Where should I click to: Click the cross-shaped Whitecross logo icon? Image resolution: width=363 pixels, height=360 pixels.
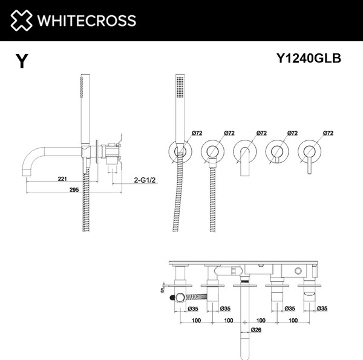pyautogui.click(x=21, y=21)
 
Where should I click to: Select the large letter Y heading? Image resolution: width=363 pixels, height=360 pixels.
pyautogui.click(x=22, y=61)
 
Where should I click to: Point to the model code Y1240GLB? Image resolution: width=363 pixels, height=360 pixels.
pyautogui.click(x=309, y=58)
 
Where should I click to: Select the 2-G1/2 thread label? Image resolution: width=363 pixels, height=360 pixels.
pyautogui.click(x=145, y=180)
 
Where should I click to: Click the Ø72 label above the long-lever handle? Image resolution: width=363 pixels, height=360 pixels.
pyautogui.click(x=328, y=133)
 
